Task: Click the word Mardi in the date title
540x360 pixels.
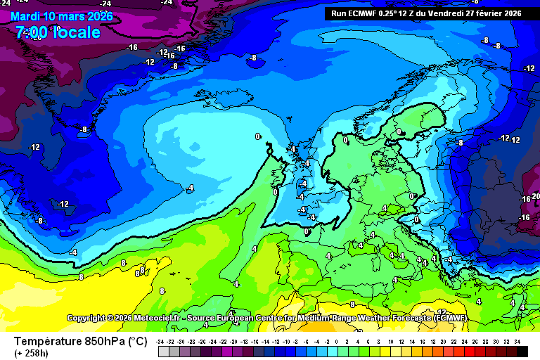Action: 26,16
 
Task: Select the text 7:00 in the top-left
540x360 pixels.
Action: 31,32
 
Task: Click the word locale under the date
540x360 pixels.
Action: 74,32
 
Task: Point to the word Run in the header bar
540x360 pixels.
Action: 338,13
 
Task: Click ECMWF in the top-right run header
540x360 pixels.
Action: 363,13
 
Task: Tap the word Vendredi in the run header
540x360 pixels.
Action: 448,13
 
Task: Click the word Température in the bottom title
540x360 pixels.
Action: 47,342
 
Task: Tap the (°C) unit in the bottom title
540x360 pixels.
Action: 138,342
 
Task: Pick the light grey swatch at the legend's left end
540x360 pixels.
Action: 163,351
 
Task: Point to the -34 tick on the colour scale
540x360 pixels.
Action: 161,341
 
